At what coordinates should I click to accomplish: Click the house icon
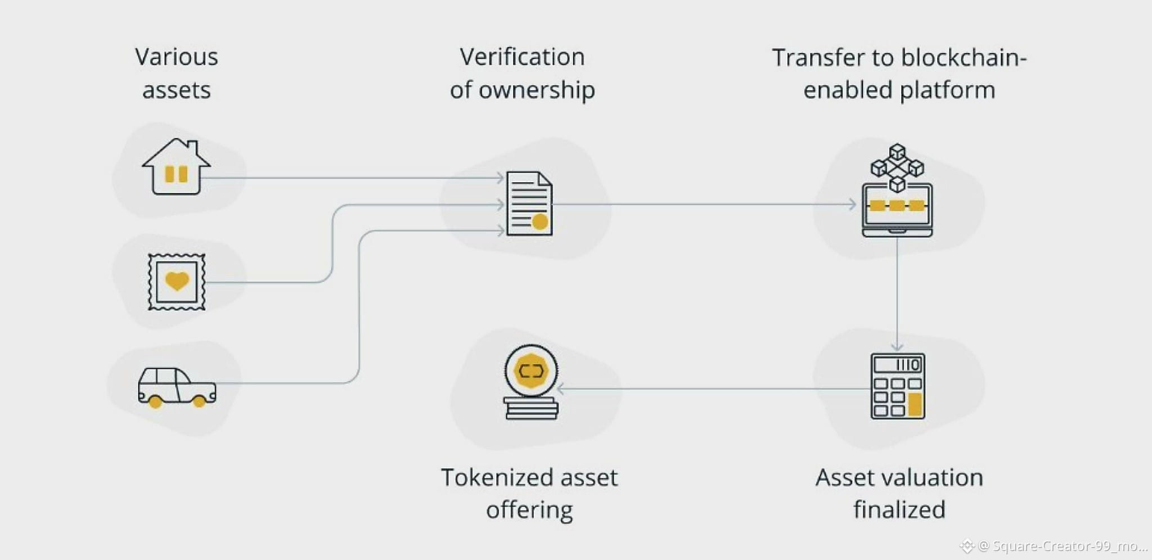click(176, 167)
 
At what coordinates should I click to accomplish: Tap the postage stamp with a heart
click(177, 282)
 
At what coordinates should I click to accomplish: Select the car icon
click(177, 387)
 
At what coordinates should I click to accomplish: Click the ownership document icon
click(529, 204)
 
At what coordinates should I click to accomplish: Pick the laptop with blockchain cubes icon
click(897, 191)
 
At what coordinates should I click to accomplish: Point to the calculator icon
click(898, 386)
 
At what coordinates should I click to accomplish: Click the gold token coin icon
click(531, 382)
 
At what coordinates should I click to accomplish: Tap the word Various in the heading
click(177, 57)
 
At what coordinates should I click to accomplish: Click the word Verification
click(522, 57)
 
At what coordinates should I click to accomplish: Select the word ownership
click(537, 91)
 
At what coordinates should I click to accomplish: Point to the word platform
click(947, 91)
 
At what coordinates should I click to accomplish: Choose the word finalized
click(899, 509)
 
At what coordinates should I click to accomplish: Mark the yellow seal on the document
click(540, 222)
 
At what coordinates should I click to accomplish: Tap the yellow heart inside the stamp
click(177, 281)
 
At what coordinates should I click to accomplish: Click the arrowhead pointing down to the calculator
click(897, 347)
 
